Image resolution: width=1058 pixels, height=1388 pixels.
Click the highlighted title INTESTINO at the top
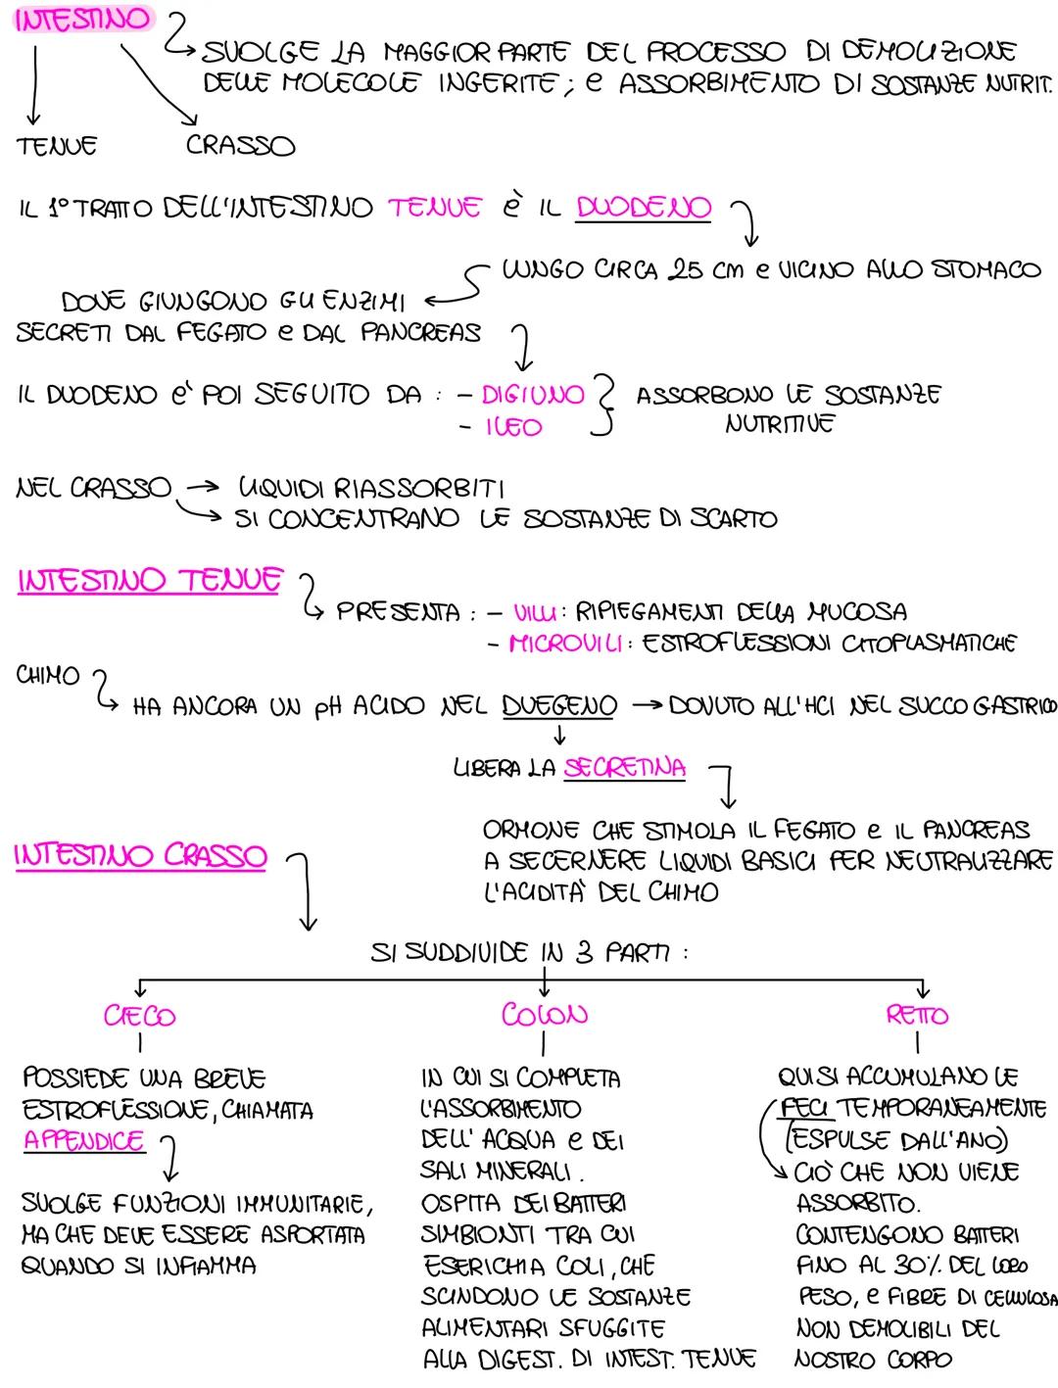pos(82,19)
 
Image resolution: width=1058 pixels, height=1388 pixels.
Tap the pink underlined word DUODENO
pos(644,208)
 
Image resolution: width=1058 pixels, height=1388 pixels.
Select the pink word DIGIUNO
pos(533,395)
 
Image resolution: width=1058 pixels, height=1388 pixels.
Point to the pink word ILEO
pos(514,427)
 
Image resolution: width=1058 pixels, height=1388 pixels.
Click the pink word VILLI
pos(535,612)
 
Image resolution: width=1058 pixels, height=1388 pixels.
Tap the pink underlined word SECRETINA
pos(624,768)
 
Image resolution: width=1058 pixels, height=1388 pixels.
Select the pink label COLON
pos(544,1014)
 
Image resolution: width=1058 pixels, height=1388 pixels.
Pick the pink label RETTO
pos(917,1015)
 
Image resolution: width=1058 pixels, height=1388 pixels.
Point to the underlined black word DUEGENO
pos(559,706)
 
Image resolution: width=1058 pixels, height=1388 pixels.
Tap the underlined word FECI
pos(803,1108)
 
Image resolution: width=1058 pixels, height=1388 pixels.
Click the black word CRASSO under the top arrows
pos(240,145)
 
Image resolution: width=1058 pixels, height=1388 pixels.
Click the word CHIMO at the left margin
pos(48,675)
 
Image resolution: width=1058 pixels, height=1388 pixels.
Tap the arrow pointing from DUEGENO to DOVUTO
pos(648,705)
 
